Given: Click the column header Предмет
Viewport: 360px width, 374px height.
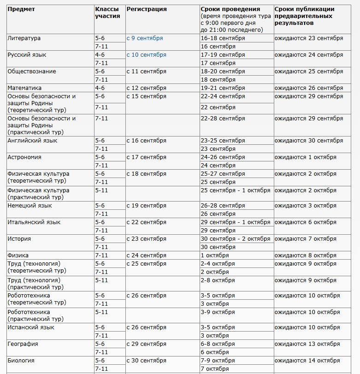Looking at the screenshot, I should pyautogui.click(x=21, y=9).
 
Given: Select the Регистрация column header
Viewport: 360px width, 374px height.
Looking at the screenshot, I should pyautogui.click(x=147, y=9).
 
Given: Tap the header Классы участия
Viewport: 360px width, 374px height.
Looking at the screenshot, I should pyautogui.click(x=107, y=12).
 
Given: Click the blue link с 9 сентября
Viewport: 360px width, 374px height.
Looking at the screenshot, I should pyautogui.click(x=145, y=38).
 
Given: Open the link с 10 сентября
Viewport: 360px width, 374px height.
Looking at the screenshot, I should pyautogui.click(x=146, y=55).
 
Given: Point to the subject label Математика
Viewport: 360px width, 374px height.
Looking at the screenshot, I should pyautogui.click(x=24, y=88).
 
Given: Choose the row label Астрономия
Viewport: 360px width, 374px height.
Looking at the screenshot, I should pyautogui.click(x=24, y=157).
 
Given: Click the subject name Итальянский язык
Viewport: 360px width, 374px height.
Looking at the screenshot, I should pyautogui.click(x=34, y=222).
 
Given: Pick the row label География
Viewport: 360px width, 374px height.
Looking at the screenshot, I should pyautogui.click(x=23, y=344).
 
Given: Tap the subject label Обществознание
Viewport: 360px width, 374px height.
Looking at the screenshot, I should pyautogui.click(x=32, y=71).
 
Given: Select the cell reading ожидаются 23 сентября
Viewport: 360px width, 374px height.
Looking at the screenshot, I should pyautogui.click(x=308, y=38).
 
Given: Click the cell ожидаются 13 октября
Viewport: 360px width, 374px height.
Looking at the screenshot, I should pyautogui.click(x=307, y=344).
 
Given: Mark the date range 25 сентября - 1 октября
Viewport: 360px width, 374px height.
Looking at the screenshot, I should pyautogui.click(x=235, y=190).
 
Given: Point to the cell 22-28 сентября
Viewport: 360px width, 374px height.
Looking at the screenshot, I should pyautogui.click(x=223, y=119).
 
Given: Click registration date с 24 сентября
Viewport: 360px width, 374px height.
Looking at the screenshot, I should pyautogui.click(x=146, y=255).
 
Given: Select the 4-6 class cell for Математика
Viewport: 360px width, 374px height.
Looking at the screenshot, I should pyautogui.click(x=100, y=88).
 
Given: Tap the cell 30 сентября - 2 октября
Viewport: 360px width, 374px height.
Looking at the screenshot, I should pyautogui.click(x=235, y=239).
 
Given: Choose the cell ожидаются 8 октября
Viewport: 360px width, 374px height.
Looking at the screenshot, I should pyautogui.click(x=305, y=255).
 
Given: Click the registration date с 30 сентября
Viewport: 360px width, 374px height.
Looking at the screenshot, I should pyautogui.click(x=146, y=361).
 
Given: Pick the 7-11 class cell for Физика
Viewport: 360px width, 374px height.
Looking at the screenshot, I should pyautogui.click(x=101, y=255).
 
